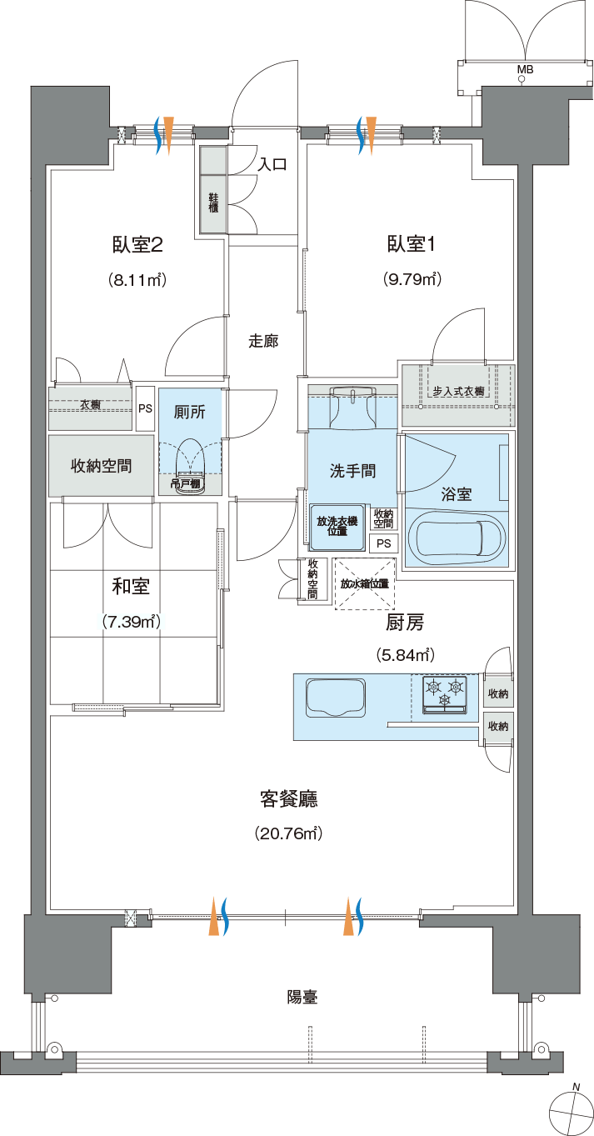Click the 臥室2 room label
click(137, 245)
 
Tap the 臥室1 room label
click(411, 245)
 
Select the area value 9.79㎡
click(411, 279)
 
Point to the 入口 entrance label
click(273, 164)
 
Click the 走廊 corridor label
click(263, 342)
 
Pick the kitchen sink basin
click(335, 698)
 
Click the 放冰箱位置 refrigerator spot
click(364, 583)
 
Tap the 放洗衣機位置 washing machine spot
click(337, 527)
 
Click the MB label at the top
click(526, 70)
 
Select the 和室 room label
click(131, 587)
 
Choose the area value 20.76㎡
click(288, 833)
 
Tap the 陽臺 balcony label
click(302, 997)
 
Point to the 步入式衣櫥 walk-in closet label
click(458, 392)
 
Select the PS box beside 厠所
click(146, 408)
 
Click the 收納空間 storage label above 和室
click(102, 466)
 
